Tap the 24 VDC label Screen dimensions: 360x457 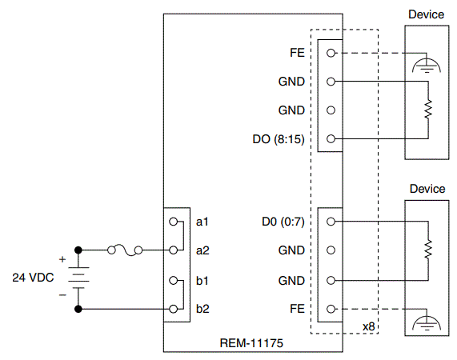coord(33,278)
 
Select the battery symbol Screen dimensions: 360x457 coord(78,278)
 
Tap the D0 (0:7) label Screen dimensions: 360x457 coord(283,221)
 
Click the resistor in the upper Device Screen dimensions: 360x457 coord(429,108)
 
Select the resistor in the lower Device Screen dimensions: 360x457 coord(429,250)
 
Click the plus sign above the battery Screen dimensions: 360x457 coord(62,258)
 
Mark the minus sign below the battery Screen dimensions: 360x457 coord(62,294)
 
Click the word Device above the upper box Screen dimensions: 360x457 coord(427,14)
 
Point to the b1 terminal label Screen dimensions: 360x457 coord(202,280)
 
